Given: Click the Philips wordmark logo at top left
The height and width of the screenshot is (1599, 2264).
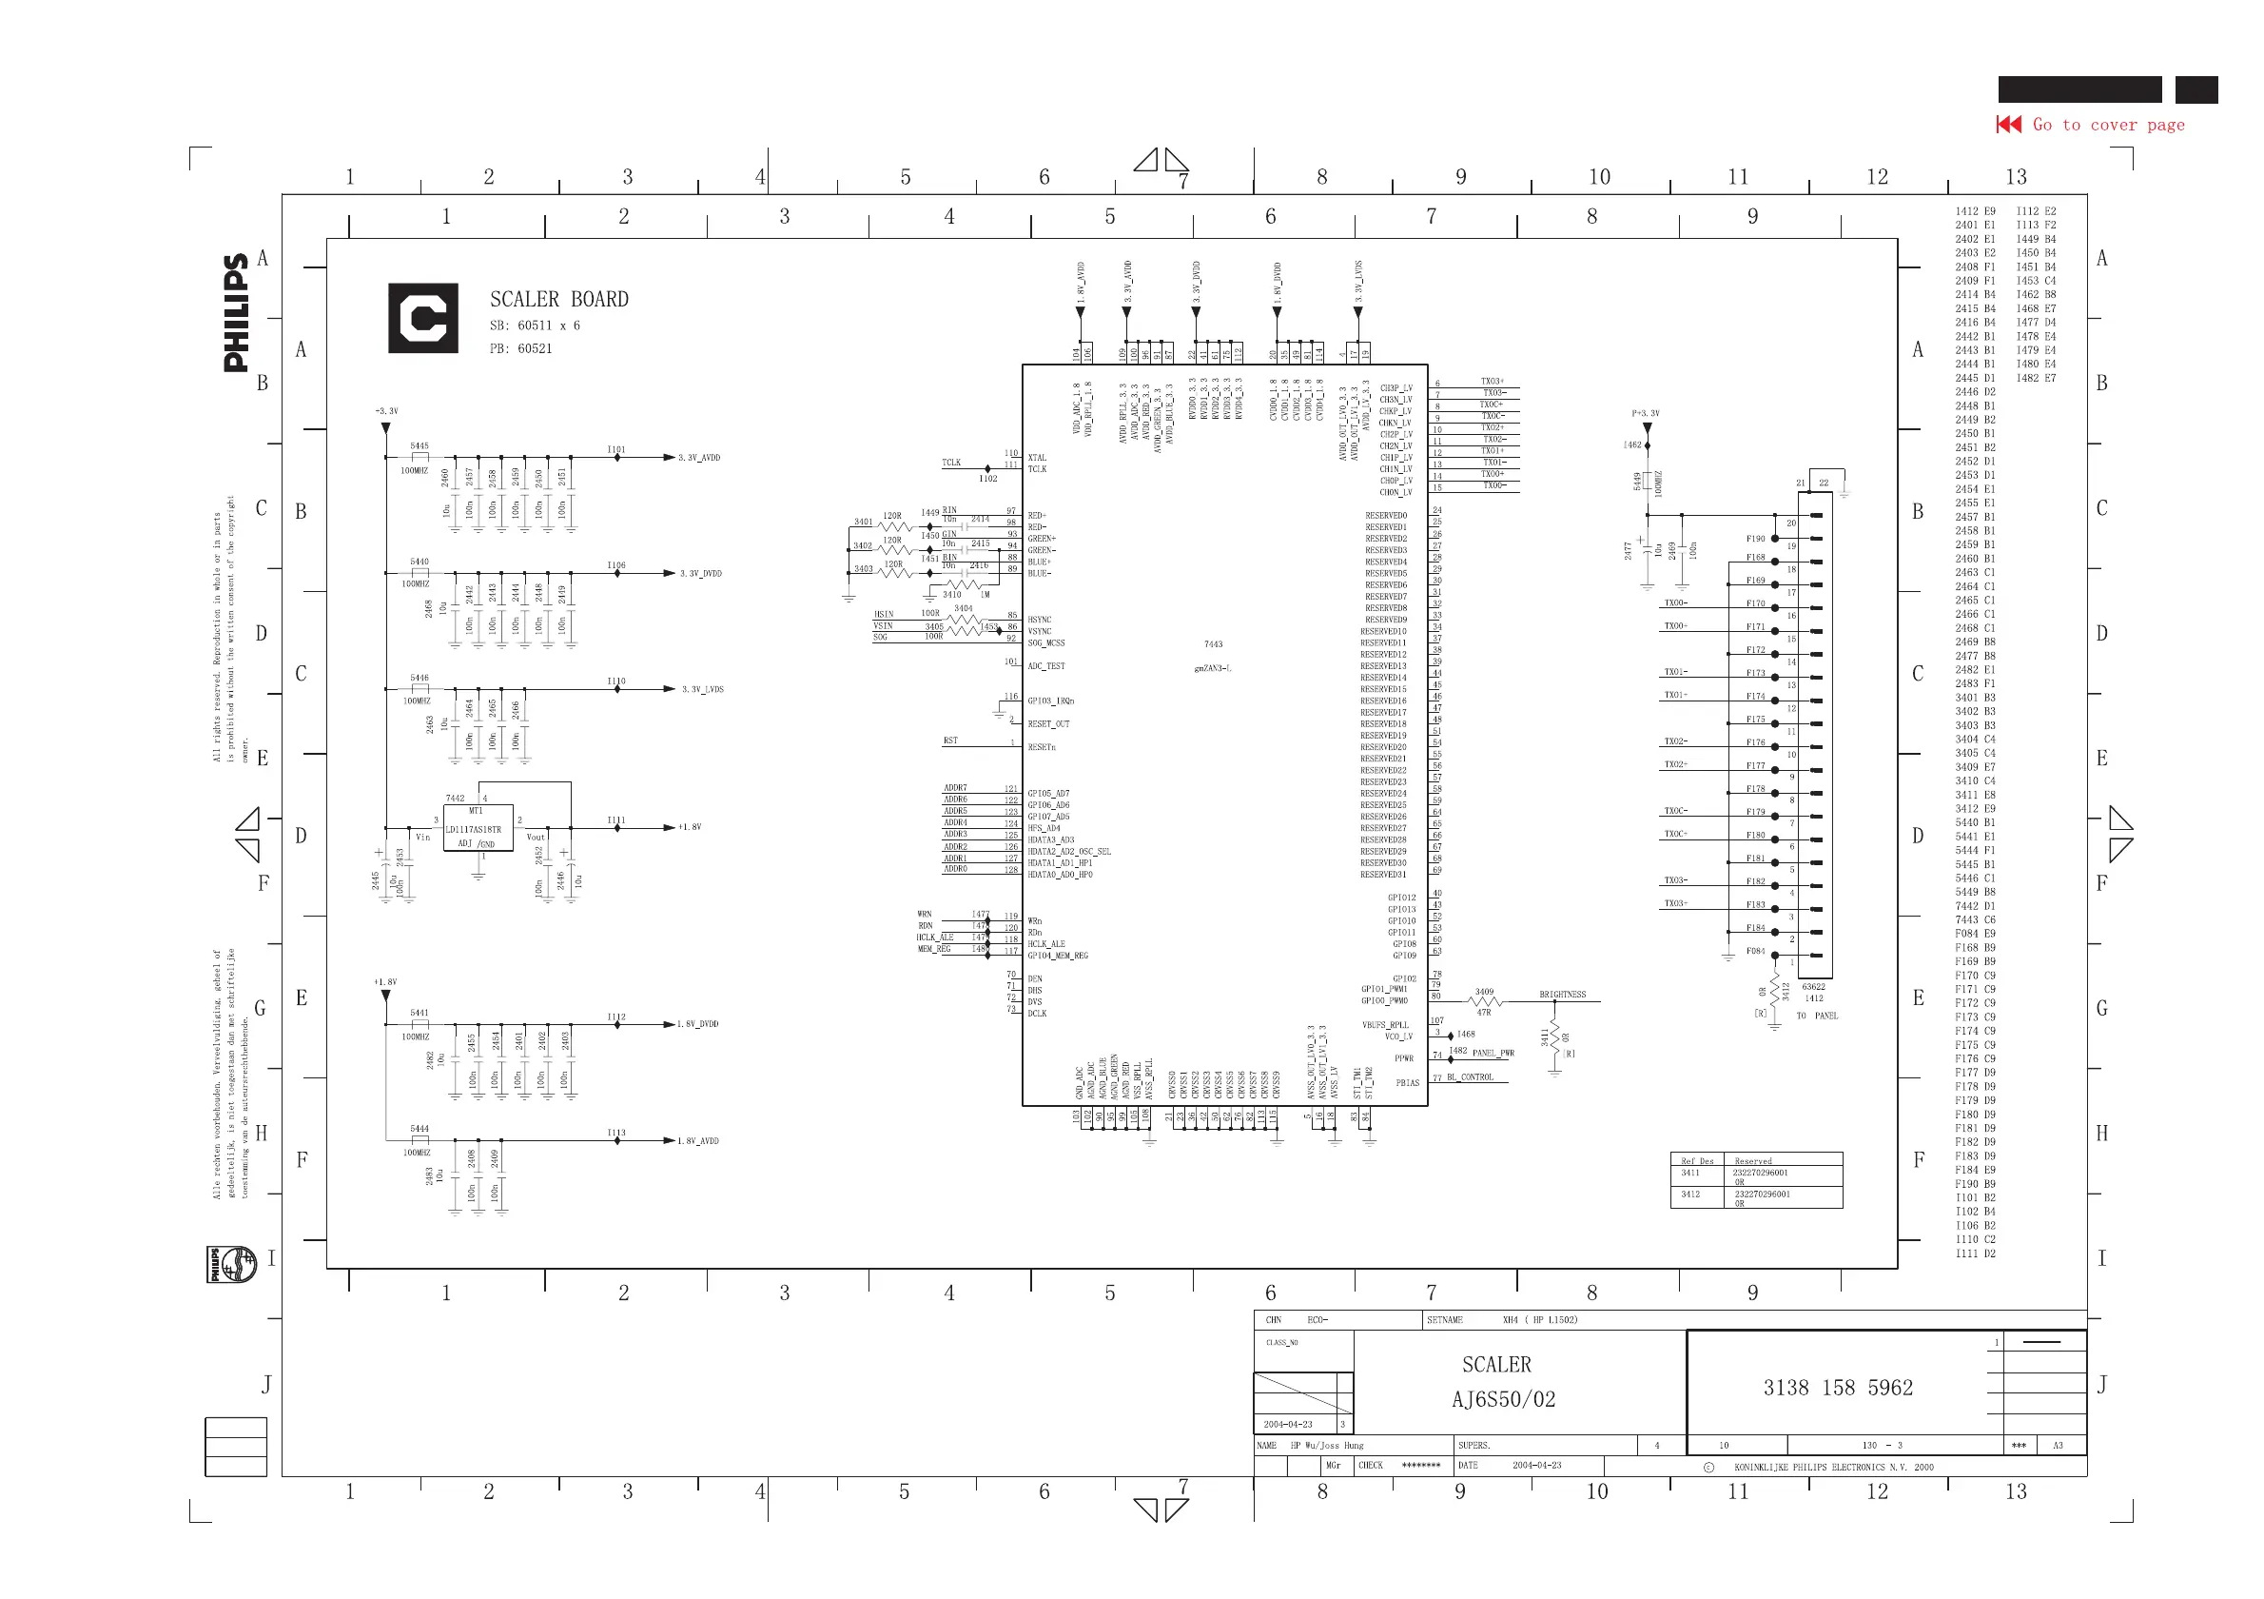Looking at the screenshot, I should tap(236, 313).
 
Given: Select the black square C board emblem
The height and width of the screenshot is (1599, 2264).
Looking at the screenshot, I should tap(423, 318).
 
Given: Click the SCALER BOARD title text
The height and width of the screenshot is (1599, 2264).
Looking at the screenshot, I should tap(559, 299).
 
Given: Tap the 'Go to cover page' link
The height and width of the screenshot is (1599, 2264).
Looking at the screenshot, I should tap(2107, 125).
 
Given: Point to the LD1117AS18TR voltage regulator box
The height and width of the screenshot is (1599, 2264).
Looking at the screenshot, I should tap(478, 830).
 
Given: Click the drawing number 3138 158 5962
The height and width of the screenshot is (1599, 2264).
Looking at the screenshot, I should tap(1837, 1387).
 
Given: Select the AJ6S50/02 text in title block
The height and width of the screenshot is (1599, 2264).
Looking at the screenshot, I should tap(1503, 1399).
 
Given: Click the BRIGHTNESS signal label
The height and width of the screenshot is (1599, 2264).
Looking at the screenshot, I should tap(1562, 995).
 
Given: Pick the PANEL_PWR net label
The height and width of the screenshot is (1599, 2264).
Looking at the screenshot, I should tap(1493, 1053).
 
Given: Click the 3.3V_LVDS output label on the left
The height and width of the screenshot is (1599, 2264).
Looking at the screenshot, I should tap(702, 689).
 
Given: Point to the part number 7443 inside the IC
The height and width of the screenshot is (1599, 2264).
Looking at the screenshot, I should tap(1213, 644).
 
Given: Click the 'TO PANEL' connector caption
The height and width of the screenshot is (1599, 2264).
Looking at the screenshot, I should tap(1816, 1015).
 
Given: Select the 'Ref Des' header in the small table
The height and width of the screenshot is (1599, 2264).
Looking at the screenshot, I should tap(1697, 1161).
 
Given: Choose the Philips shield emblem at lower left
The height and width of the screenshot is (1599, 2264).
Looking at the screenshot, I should tap(232, 1264).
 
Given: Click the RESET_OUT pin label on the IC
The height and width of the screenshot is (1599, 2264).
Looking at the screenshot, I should tap(1048, 724).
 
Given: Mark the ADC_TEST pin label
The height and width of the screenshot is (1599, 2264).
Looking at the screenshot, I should tap(1046, 666).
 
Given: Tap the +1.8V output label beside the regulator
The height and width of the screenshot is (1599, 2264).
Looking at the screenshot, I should tap(690, 827).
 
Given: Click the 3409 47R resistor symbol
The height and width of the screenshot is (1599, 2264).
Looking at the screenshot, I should tap(1483, 1001).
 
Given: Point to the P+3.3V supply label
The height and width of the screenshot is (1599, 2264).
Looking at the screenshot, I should tap(1645, 413).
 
